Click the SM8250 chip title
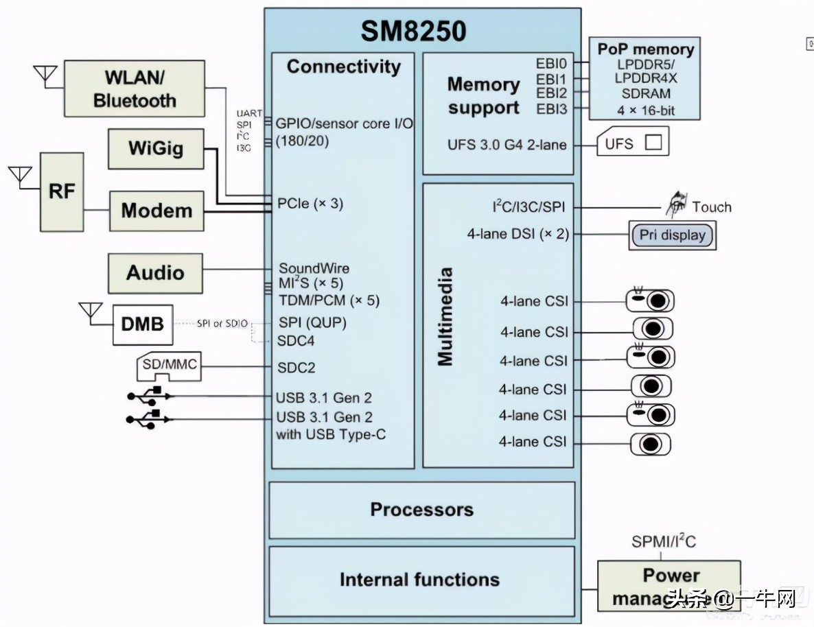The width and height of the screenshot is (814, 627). tap(414, 31)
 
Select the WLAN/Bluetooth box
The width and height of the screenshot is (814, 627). tap(135, 88)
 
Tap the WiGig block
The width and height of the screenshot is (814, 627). tap(156, 148)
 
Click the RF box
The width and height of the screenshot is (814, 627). tap(62, 191)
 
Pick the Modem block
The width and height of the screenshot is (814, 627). tap(156, 210)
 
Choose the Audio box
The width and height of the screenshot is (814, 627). tap(156, 272)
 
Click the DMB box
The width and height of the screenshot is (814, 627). tap(143, 323)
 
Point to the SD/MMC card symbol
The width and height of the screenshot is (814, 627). tap(169, 367)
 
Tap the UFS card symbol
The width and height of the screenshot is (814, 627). tap(631, 143)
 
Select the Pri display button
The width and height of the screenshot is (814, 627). tap(672, 235)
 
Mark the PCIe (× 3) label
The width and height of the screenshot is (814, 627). tap(310, 204)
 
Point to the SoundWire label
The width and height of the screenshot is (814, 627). tap(314, 268)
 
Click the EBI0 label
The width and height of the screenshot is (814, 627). tap(551, 63)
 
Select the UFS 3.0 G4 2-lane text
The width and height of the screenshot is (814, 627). tap(507, 145)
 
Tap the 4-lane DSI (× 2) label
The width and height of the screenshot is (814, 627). tap(518, 234)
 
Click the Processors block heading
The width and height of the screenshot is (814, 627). tap(421, 510)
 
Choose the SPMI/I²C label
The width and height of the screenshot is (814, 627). tap(663, 542)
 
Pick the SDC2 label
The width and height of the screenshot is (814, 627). tap(296, 368)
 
